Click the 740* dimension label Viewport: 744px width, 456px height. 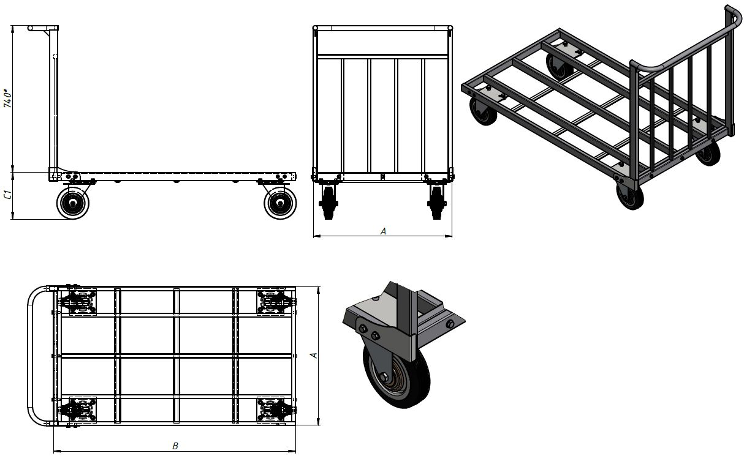7,98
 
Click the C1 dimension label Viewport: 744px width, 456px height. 7,195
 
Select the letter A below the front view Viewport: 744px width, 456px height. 383,231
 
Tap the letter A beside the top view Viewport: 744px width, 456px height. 313,356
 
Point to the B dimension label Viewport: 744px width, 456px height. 175,446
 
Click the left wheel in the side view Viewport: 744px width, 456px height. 73,203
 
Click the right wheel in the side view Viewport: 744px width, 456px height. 280,203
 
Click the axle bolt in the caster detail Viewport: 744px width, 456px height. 384,377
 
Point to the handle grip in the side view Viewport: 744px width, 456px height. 38,28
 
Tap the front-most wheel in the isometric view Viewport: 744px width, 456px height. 630,197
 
